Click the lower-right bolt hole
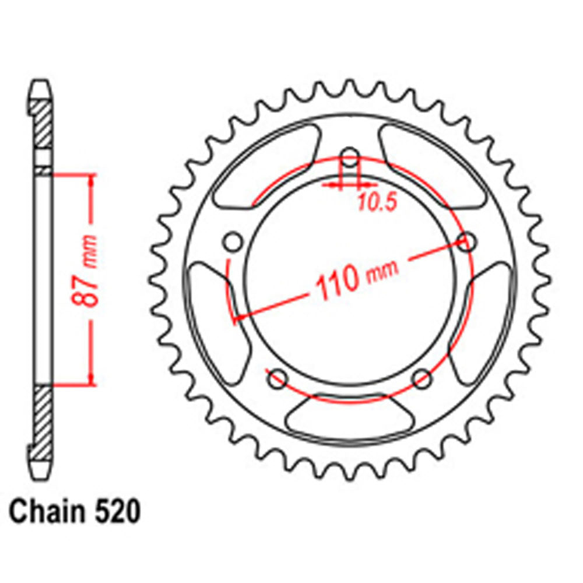pyautogui.click(x=422, y=379)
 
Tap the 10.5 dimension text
pyautogui.click(x=377, y=202)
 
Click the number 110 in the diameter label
pyautogui.click(x=336, y=280)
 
